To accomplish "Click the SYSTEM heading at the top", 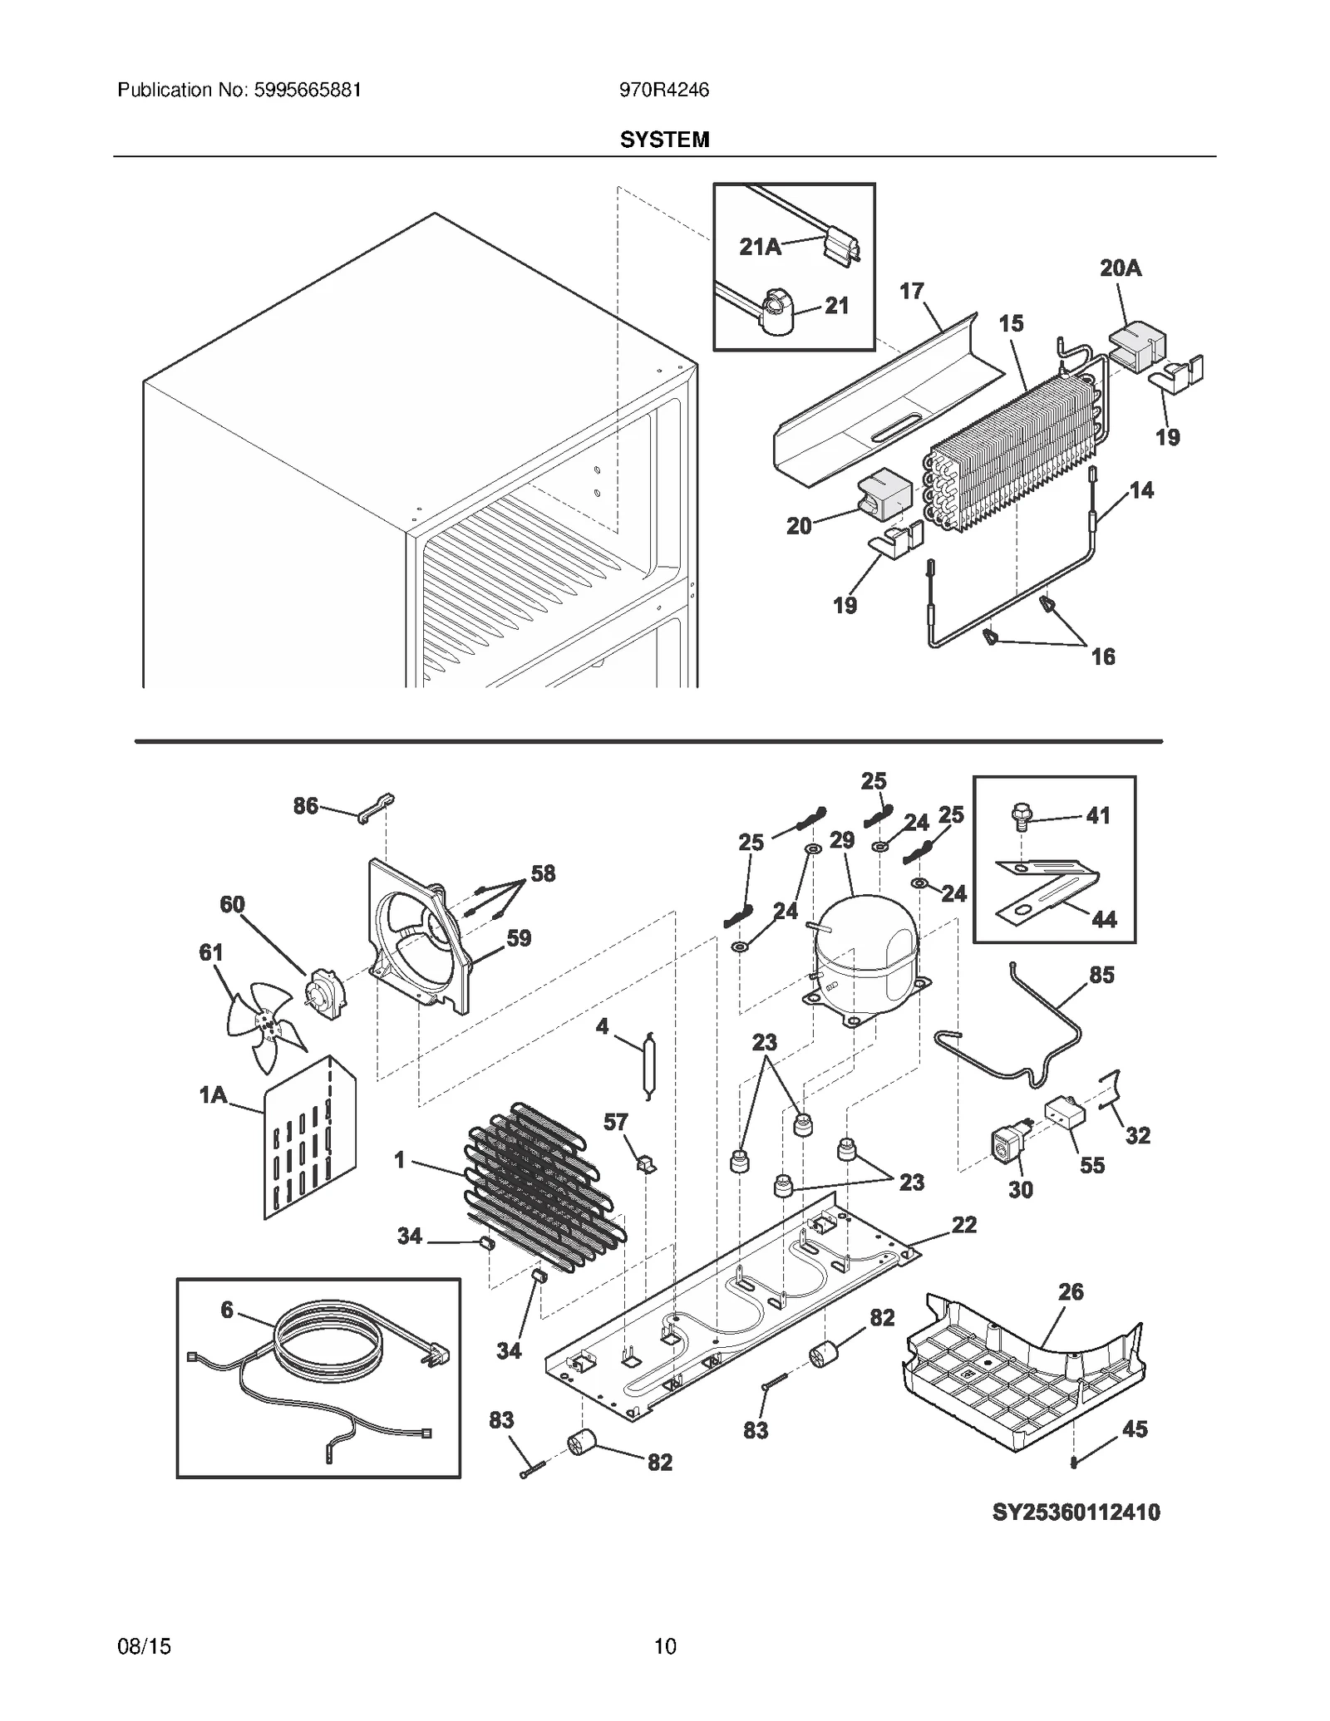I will coord(664,140).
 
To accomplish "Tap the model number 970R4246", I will coord(663,90).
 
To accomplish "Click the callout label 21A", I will coord(760,247).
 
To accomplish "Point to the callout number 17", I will coord(912,291).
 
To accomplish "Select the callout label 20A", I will coord(1120,268).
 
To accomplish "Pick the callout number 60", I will coord(232,904).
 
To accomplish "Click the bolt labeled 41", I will coord(1020,816).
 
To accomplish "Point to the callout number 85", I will coord(1101,975).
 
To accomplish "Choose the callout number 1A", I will coord(213,1095).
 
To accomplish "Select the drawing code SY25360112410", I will coord(1076,1512).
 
